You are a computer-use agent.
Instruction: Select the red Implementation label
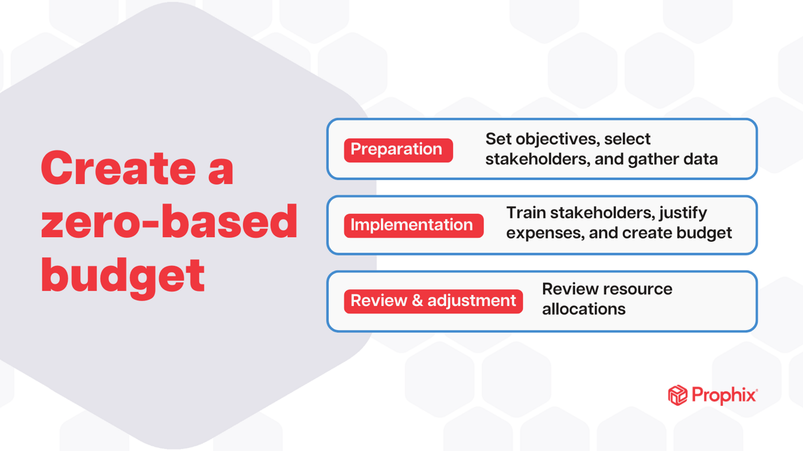pyautogui.click(x=412, y=225)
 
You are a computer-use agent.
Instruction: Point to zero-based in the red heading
pyautogui.click(x=169, y=222)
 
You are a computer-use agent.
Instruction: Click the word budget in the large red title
pyautogui.click(x=123, y=275)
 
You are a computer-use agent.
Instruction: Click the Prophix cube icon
pyautogui.click(x=677, y=395)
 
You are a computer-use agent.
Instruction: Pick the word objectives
pyautogui.click(x=552, y=139)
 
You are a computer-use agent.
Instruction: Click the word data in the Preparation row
pyautogui.click(x=700, y=159)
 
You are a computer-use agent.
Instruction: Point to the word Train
pyautogui.click(x=526, y=213)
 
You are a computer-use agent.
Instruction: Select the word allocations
pyautogui.click(x=583, y=309)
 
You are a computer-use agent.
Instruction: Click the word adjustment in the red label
pyautogui.click(x=471, y=301)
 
